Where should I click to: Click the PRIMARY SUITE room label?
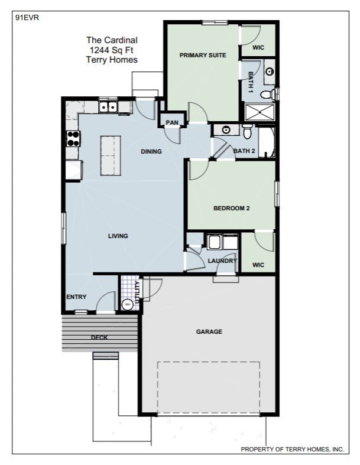(x=203, y=55)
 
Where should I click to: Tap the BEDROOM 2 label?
(x=232, y=208)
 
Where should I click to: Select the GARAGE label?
(x=209, y=331)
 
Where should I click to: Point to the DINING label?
(x=151, y=151)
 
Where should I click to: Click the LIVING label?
(x=118, y=236)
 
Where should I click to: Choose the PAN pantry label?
(x=172, y=122)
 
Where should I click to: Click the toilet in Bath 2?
(x=247, y=131)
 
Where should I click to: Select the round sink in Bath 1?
(x=270, y=71)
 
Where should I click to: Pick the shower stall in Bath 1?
(x=260, y=112)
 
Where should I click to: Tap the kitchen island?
(x=111, y=156)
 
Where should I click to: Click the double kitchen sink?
(x=108, y=107)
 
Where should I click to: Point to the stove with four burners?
(x=73, y=139)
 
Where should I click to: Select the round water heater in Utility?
(x=128, y=304)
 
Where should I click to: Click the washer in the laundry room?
(x=213, y=242)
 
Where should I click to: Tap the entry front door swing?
(x=105, y=301)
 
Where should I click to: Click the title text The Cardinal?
(x=112, y=40)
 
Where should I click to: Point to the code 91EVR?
(x=27, y=18)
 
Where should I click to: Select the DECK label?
(x=99, y=337)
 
